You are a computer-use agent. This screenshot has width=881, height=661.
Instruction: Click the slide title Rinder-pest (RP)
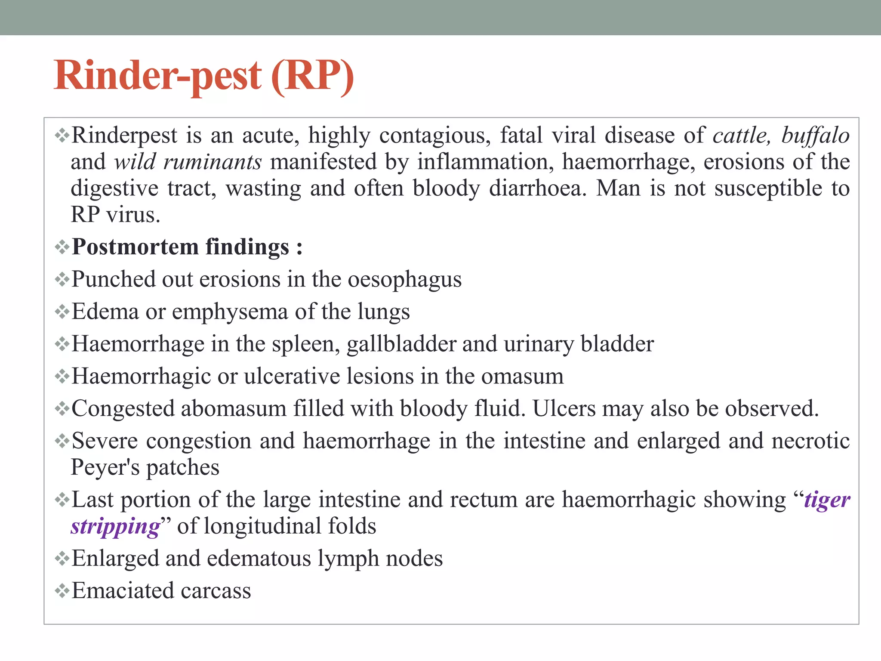(204, 76)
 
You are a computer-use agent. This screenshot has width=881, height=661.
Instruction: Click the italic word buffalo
(815, 136)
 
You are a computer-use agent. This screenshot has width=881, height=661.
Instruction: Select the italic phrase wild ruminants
(188, 162)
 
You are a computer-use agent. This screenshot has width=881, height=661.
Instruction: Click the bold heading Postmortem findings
(187, 247)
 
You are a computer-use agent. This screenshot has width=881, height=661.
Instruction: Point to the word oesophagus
(404, 280)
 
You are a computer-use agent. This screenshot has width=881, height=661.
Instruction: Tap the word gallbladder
(401, 344)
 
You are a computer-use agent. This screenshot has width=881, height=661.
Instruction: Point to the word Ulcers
(564, 408)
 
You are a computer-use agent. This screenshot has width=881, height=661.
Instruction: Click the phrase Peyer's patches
(145, 467)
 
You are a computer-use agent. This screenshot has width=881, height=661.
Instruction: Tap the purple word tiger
(827, 500)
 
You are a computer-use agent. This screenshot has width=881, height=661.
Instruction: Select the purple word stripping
(115, 526)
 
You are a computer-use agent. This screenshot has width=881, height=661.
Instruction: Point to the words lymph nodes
(380, 559)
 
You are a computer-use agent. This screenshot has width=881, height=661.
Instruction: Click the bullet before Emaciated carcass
(62, 590)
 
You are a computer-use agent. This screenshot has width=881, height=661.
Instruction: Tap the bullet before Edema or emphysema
(62, 312)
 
